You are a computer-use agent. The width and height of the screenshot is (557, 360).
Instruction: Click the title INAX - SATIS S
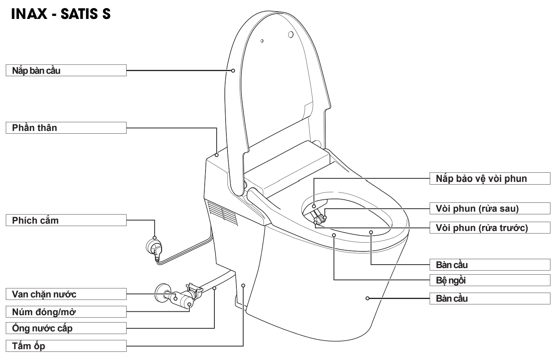pyautogui.click(x=61, y=14)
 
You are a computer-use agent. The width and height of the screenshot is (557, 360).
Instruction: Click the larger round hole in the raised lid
pyautogui.click(x=291, y=35)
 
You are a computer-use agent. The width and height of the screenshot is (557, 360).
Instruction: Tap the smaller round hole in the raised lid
pyautogui.click(x=262, y=41)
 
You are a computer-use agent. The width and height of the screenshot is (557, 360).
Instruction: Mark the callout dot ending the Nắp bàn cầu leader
pyautogui.click(x=233, y=71)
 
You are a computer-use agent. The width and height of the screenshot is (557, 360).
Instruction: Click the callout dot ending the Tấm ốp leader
pyautogui.click(x=243, y=285)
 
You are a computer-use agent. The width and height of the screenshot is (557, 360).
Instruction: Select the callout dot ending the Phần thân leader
pyautogui.click(x=217, y=155)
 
